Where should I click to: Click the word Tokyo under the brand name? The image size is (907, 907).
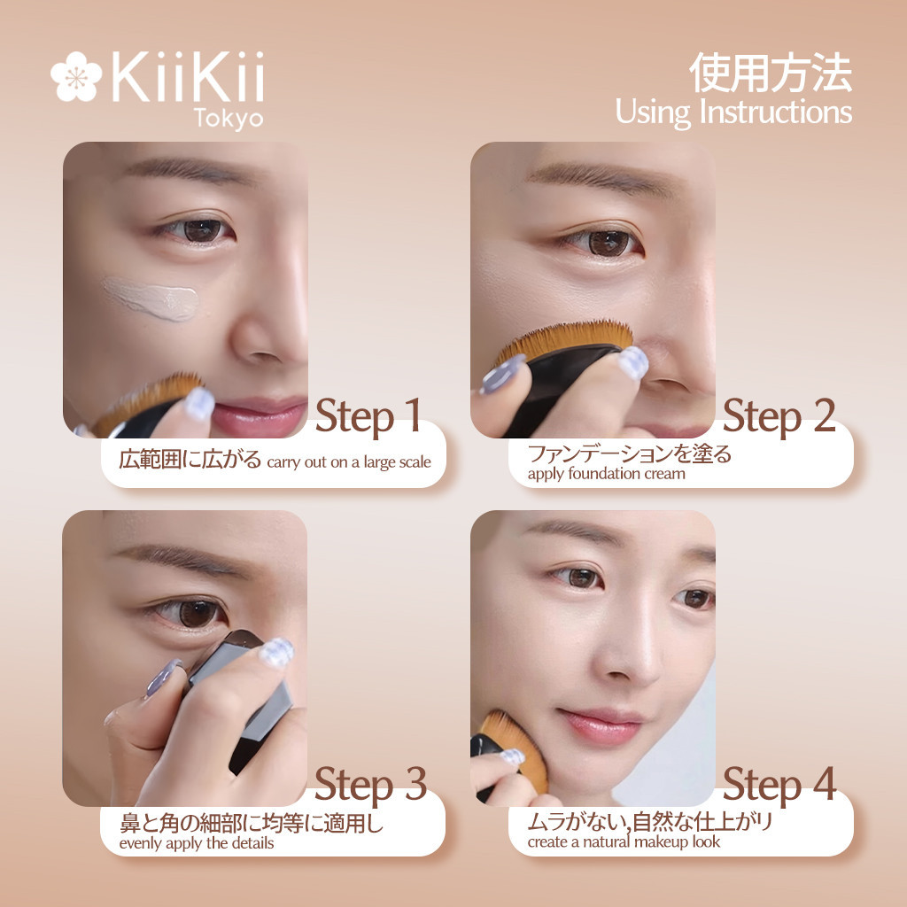[x=230, y=118]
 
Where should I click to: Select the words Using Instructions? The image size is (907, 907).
[x=733, y=112]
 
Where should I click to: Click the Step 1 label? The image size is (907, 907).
[x=368, y=416]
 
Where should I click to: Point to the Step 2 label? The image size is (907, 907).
[x=779, y=416]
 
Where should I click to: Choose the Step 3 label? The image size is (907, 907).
[x=370, y=785]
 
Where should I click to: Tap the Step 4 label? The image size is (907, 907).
[x=779, y=785]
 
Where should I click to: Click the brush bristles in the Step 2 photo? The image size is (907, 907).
[x=567, y=341]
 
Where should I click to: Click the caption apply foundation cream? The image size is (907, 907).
[x=606, y=474]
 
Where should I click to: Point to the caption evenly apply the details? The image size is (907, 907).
[x=196, y=843]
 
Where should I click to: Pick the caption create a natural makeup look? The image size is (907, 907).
[x=624, y=842]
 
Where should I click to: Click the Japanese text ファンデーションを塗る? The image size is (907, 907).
[x=629, y=454]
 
